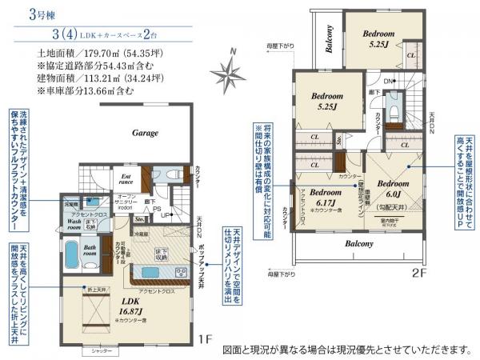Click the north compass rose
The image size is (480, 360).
tap(230, 76)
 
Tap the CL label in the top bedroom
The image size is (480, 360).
tap(410, 55)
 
